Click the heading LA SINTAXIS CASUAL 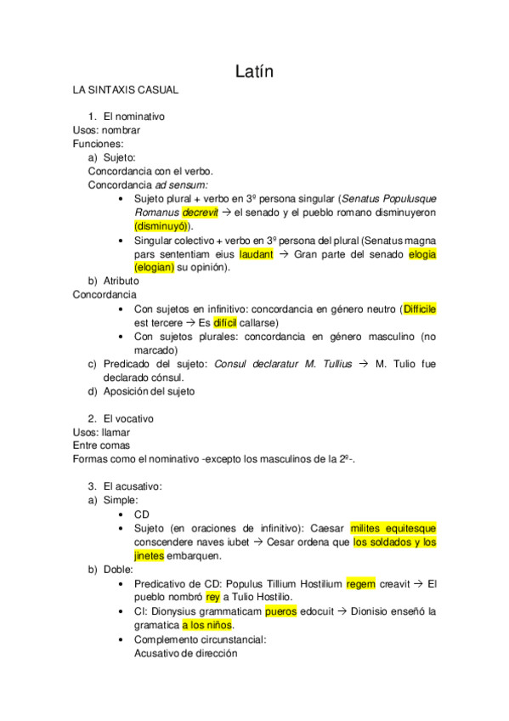point(125,89)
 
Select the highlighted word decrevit point(200,212)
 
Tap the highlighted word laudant point(257,253)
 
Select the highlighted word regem point(361,584)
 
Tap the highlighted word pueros point(281,611)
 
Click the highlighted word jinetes point(150,556)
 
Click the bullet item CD point(142,514)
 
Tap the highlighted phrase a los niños point(208,625)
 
